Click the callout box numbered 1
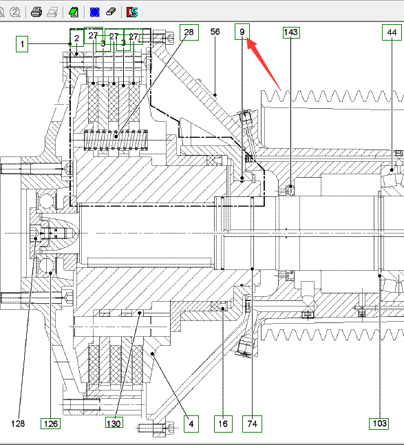(22, 44)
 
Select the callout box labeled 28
(189, 32)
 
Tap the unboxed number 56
(215, 32)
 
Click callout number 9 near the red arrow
(242, 32)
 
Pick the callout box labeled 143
(291, 32)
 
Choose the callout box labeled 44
(392, 32)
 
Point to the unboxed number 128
(18, 424)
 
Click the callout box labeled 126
(51, 424)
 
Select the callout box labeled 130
(114, 422)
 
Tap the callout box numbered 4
(191, 424)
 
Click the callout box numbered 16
(223, 424)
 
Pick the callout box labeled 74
(252, 424)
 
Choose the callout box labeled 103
(380, 424)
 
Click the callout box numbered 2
(77, 38)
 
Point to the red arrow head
(251, 43)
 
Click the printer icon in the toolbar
(36, 12)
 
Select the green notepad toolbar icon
(74, 12)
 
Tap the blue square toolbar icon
(95, 12)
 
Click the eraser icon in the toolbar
(111, 12)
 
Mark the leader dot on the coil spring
(116, 136)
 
